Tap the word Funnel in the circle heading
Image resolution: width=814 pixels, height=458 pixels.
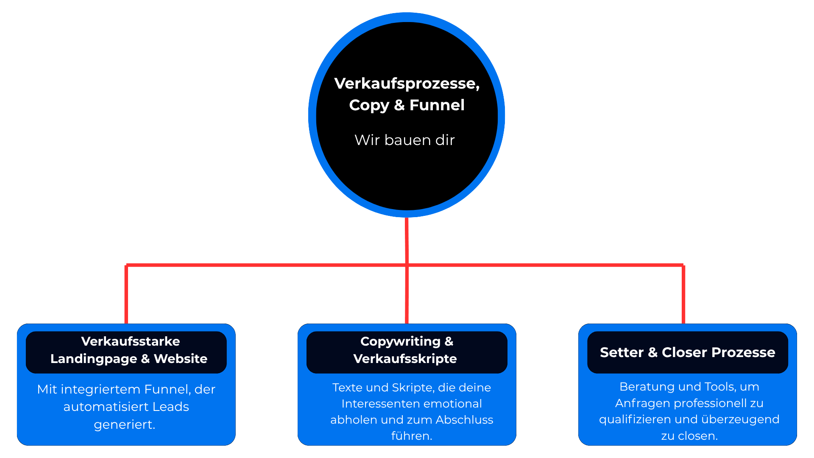(437, 105)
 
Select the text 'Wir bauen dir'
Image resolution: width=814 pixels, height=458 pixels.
(404, 140)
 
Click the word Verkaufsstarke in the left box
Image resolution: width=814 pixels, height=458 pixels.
(130, 341)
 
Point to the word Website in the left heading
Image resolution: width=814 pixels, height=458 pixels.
(181, 359)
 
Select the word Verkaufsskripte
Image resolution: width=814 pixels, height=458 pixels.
(405, 359)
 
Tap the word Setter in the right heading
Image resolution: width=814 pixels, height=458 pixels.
(622, 352)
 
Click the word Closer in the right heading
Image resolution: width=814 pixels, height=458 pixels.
(685, 352)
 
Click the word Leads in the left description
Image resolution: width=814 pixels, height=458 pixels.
(170, 407)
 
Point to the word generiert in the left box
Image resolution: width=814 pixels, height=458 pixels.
(124, 424)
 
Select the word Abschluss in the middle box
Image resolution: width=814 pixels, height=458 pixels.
(464, 420)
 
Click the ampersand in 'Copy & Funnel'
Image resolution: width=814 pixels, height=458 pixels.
(399, 105)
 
